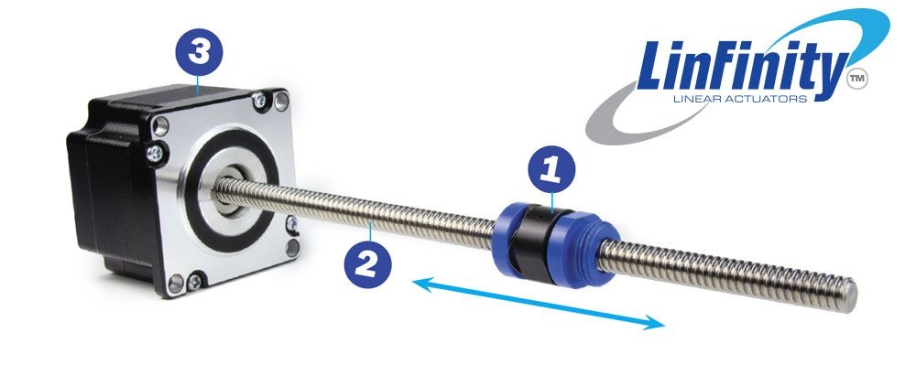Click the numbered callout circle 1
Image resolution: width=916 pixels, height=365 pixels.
551,169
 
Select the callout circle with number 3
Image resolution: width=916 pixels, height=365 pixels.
199,52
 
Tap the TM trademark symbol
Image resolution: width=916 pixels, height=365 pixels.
857,79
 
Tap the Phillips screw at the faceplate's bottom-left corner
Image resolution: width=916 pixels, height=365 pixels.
193,282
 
